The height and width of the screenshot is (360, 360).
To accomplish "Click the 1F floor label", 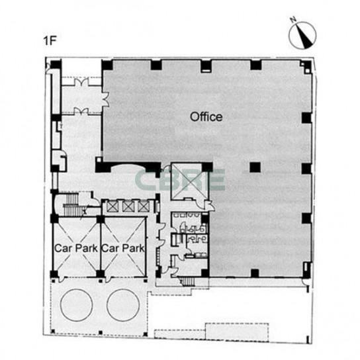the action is pos(50,41).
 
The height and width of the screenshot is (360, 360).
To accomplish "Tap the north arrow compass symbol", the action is pos(302,35).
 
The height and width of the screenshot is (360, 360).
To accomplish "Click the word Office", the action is pos(206,117).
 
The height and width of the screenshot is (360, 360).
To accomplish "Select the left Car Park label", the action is pos(76,248).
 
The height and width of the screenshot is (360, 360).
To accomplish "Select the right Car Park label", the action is pos(123,248).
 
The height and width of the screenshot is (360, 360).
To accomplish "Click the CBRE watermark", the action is pos(179,180).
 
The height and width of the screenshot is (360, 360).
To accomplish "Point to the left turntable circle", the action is pos(77,305).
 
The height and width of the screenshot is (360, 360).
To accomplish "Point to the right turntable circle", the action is pos(123,305).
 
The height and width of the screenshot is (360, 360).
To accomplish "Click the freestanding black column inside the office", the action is pos(255,167).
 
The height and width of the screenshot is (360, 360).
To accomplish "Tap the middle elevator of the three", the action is pos(128,206).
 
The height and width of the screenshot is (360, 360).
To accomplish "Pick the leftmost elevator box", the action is pos(112,206).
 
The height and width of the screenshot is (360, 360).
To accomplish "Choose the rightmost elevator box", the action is pos(143,206).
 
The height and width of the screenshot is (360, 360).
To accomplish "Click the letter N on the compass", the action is pos(292,20).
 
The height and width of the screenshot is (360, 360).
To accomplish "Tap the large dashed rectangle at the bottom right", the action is pos(237,332).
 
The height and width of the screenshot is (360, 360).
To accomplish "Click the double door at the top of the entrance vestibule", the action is pos(82,82).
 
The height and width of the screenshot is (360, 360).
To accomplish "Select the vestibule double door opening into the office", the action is pos(105,99).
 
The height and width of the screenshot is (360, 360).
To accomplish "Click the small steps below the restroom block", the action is pos(187,281).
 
